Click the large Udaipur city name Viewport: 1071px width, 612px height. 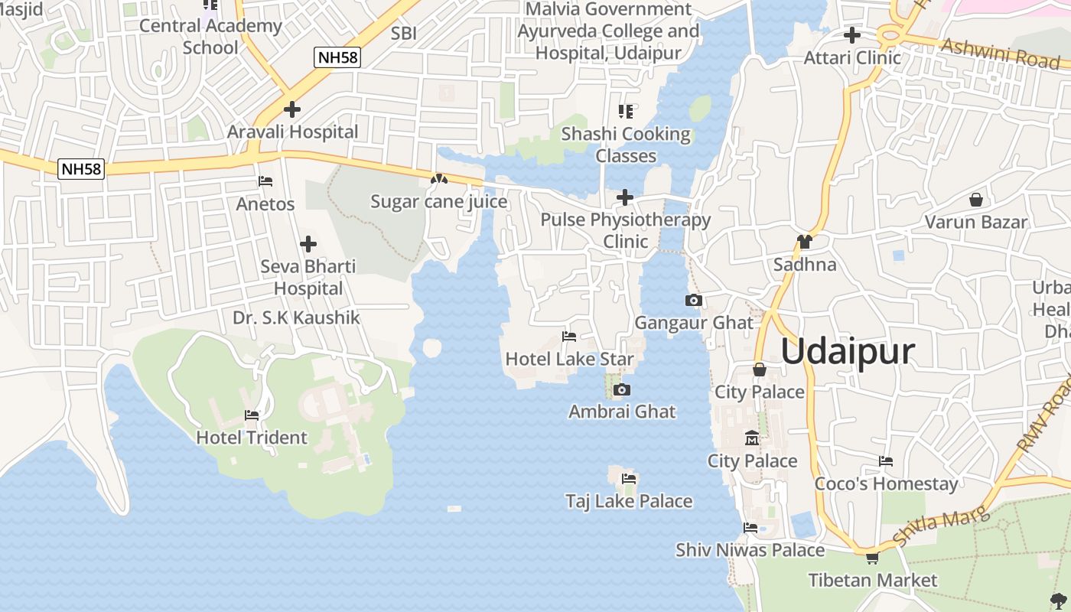[848, 352]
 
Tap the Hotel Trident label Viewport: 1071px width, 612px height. [252, 438]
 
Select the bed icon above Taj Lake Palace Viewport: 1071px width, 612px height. [629, 479]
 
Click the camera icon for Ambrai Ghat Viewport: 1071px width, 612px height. [622, 390]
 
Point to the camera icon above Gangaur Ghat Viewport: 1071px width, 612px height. [694, 301]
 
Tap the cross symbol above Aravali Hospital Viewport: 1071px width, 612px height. [291, 109]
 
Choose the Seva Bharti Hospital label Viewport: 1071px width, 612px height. [308, 278]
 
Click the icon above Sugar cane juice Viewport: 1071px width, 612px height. [438, 180]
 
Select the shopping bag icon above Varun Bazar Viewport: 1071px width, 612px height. [976, 200]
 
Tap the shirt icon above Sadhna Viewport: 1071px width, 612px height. [804, 243]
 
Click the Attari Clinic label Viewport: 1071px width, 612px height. [852, 57]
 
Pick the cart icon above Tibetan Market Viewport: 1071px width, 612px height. [872, 558]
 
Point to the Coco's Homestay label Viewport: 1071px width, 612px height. [886, 483]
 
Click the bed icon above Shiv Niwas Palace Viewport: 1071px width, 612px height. [750, 528]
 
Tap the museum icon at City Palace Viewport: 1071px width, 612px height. [752, 439]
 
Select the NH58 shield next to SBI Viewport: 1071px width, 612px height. [337, 57]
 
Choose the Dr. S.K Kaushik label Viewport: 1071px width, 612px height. [296, 317]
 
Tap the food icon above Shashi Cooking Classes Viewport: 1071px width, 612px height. [626, 112]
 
